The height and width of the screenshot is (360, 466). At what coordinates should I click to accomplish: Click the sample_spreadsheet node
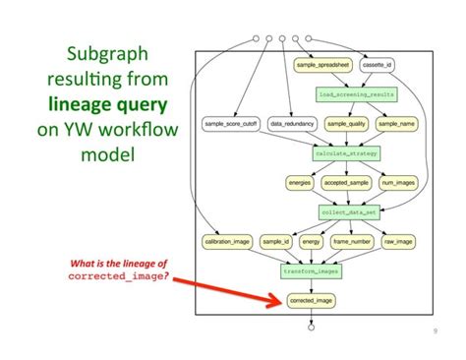pyautogui.click(x=323, y=65)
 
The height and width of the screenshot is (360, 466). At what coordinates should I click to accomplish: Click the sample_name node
pyautogui.click(x=397, y=124)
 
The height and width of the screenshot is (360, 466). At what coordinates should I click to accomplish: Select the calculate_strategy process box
pyautogui.click(x=346, y=153)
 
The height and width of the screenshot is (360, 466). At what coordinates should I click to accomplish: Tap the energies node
pyautogui.click(x=300, y=183)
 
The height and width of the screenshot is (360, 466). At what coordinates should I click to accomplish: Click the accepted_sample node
pyautogui.click(x=346, y=183)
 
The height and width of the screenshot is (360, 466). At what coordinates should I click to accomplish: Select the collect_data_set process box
pyautogui.click(x=349, y=211)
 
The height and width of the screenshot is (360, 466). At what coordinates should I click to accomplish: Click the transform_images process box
pyautogui.click(x=311, y=270)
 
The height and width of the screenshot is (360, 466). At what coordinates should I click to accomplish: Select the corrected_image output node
pyautogui.click(x=311, y=300)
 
